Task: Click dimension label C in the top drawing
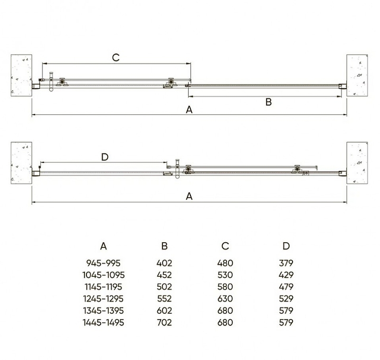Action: point(116,57)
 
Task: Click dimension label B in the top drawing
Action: point(268,102)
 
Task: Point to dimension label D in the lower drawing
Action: point(104,157)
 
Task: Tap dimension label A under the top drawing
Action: point(189,110)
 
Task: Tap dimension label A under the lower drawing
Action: point(189,196)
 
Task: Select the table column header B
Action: point(164,246)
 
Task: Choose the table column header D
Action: point(286,246)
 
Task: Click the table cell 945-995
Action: point(103,263)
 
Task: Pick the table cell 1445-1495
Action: point(103,322)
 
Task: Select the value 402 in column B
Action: point(164,263)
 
